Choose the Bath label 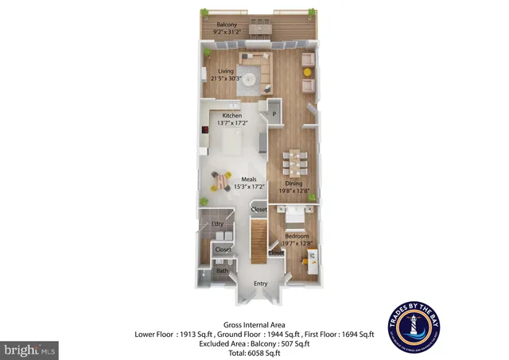223,271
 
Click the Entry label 260,284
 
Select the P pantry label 275,114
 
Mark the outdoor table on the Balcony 259,29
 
